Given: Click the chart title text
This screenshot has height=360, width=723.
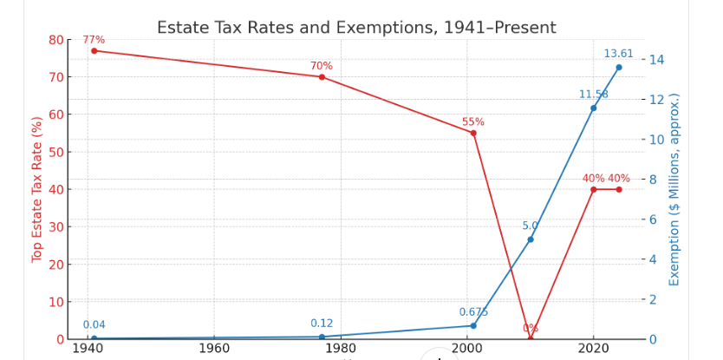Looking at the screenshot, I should point(356,28).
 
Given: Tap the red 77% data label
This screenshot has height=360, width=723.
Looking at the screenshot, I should point(94,40).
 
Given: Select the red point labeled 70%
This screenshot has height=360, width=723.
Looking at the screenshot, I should point(322,76).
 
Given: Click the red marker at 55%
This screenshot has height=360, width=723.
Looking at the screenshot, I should point(473,133).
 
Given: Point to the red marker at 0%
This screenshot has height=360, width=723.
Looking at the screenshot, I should point(531,338).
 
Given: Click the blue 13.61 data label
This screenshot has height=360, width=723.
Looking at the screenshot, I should point(619,54).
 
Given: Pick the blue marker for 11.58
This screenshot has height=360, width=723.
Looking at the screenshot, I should point(594,108).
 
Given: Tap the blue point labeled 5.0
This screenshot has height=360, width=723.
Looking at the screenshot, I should point(531,239).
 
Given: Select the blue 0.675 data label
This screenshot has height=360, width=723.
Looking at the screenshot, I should point(473,312).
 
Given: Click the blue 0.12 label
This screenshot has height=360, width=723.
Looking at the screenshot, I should point(322,324).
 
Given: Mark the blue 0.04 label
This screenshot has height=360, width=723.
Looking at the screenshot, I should point(94,325).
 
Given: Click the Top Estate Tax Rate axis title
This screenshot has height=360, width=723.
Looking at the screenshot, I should point(37,189).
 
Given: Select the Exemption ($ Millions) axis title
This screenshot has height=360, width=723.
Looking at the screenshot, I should point(674,189).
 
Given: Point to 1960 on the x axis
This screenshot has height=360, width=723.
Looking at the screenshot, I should point(213,349).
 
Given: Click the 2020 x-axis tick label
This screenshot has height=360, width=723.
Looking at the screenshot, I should point(593,349).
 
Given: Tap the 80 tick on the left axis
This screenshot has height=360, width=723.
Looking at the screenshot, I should point(55,40).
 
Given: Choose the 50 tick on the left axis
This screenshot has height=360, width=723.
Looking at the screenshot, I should point(55,152).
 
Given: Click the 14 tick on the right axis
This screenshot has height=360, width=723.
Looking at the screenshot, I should point(656,60).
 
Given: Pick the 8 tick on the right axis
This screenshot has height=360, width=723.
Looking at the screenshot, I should point(656,180).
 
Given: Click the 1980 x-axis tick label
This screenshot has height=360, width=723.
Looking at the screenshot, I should point(340,349).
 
